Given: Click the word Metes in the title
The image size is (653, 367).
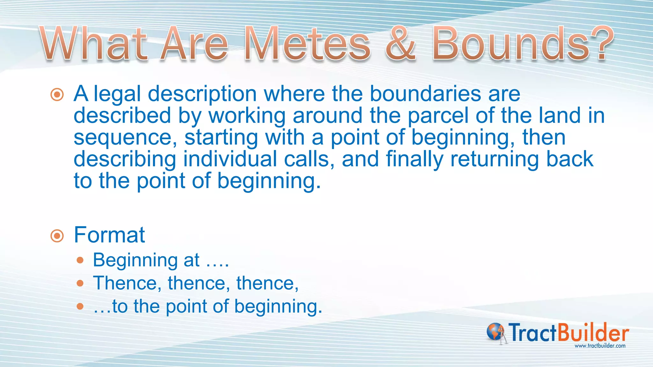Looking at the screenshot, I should click(x=307, y=44).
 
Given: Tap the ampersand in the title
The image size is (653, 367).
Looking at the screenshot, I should click(x=400, y=44).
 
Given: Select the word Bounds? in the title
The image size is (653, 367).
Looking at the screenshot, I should click(x=523, y=44).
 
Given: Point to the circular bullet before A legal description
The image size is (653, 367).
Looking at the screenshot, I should click(x=57, y=95).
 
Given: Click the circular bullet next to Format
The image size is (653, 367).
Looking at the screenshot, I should click(x=57, y=236).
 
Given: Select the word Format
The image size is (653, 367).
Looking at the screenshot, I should click(x=109, y=235).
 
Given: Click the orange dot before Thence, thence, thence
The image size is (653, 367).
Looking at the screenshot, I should click(x=80, y=283).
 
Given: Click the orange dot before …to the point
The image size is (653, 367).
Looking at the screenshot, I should click(x=80, y=306).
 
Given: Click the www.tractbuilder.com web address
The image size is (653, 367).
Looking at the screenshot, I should click(x=600, y=346).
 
